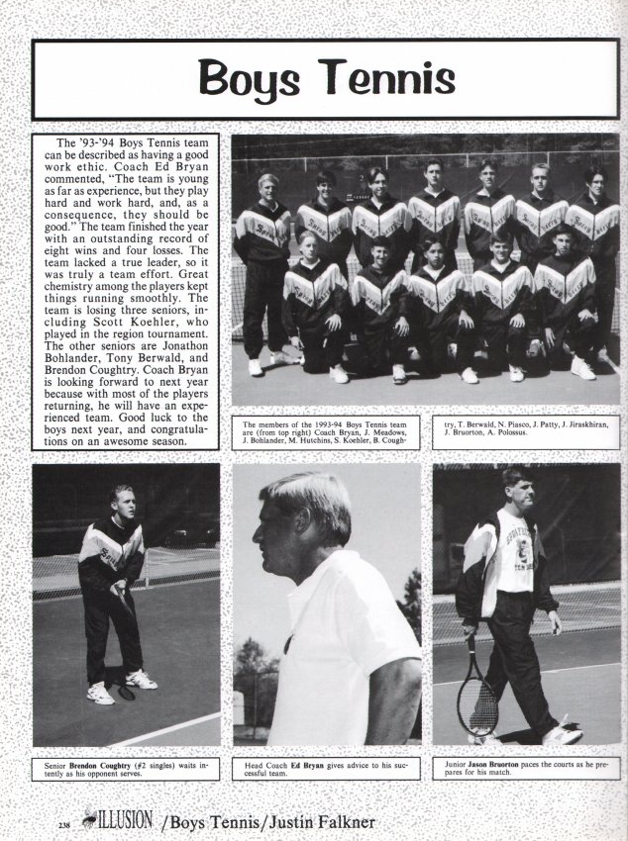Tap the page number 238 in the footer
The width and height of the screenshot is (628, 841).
point(38,823)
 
